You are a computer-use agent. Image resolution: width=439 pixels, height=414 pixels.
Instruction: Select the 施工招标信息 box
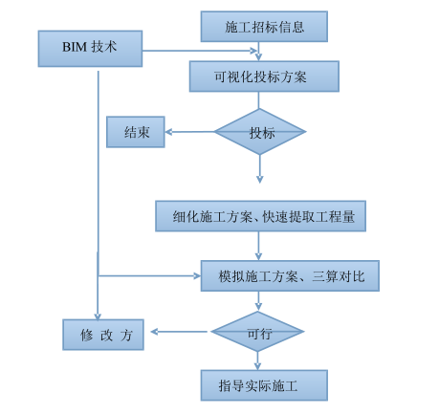pyautogui.click(x=264, y=26)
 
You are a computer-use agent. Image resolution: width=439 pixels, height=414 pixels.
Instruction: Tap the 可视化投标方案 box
pyautogui.click(x=264, y=76)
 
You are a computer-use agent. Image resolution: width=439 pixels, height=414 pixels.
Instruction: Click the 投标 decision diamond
pyautogui.click(x=260, y=132)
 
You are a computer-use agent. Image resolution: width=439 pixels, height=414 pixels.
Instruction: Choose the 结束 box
pyautogui.click(x=136, y=132)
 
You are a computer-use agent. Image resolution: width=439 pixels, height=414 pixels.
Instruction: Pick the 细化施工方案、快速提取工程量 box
pyautogui.click(x=261, y=215)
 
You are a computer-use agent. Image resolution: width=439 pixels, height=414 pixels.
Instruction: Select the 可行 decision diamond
pyautogui.click(x=258, y=332)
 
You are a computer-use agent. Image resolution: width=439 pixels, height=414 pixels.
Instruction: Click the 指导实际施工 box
pyautogui.click(x=264, y=385)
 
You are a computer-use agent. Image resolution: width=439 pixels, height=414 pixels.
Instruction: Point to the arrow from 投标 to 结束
pyautogui.click(x=189, y=132)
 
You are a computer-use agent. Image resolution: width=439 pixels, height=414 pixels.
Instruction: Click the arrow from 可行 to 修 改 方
pyautogui.click(x=180, y=333)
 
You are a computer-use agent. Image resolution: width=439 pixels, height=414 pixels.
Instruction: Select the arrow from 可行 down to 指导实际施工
pyautogui.click(x=258, y=360)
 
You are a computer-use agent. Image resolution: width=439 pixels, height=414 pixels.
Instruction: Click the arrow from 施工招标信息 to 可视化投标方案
pyautogui.click(x=259, y=52)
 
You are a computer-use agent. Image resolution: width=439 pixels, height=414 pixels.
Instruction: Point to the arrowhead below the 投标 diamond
pyautogui.click(x=259, y=177)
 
